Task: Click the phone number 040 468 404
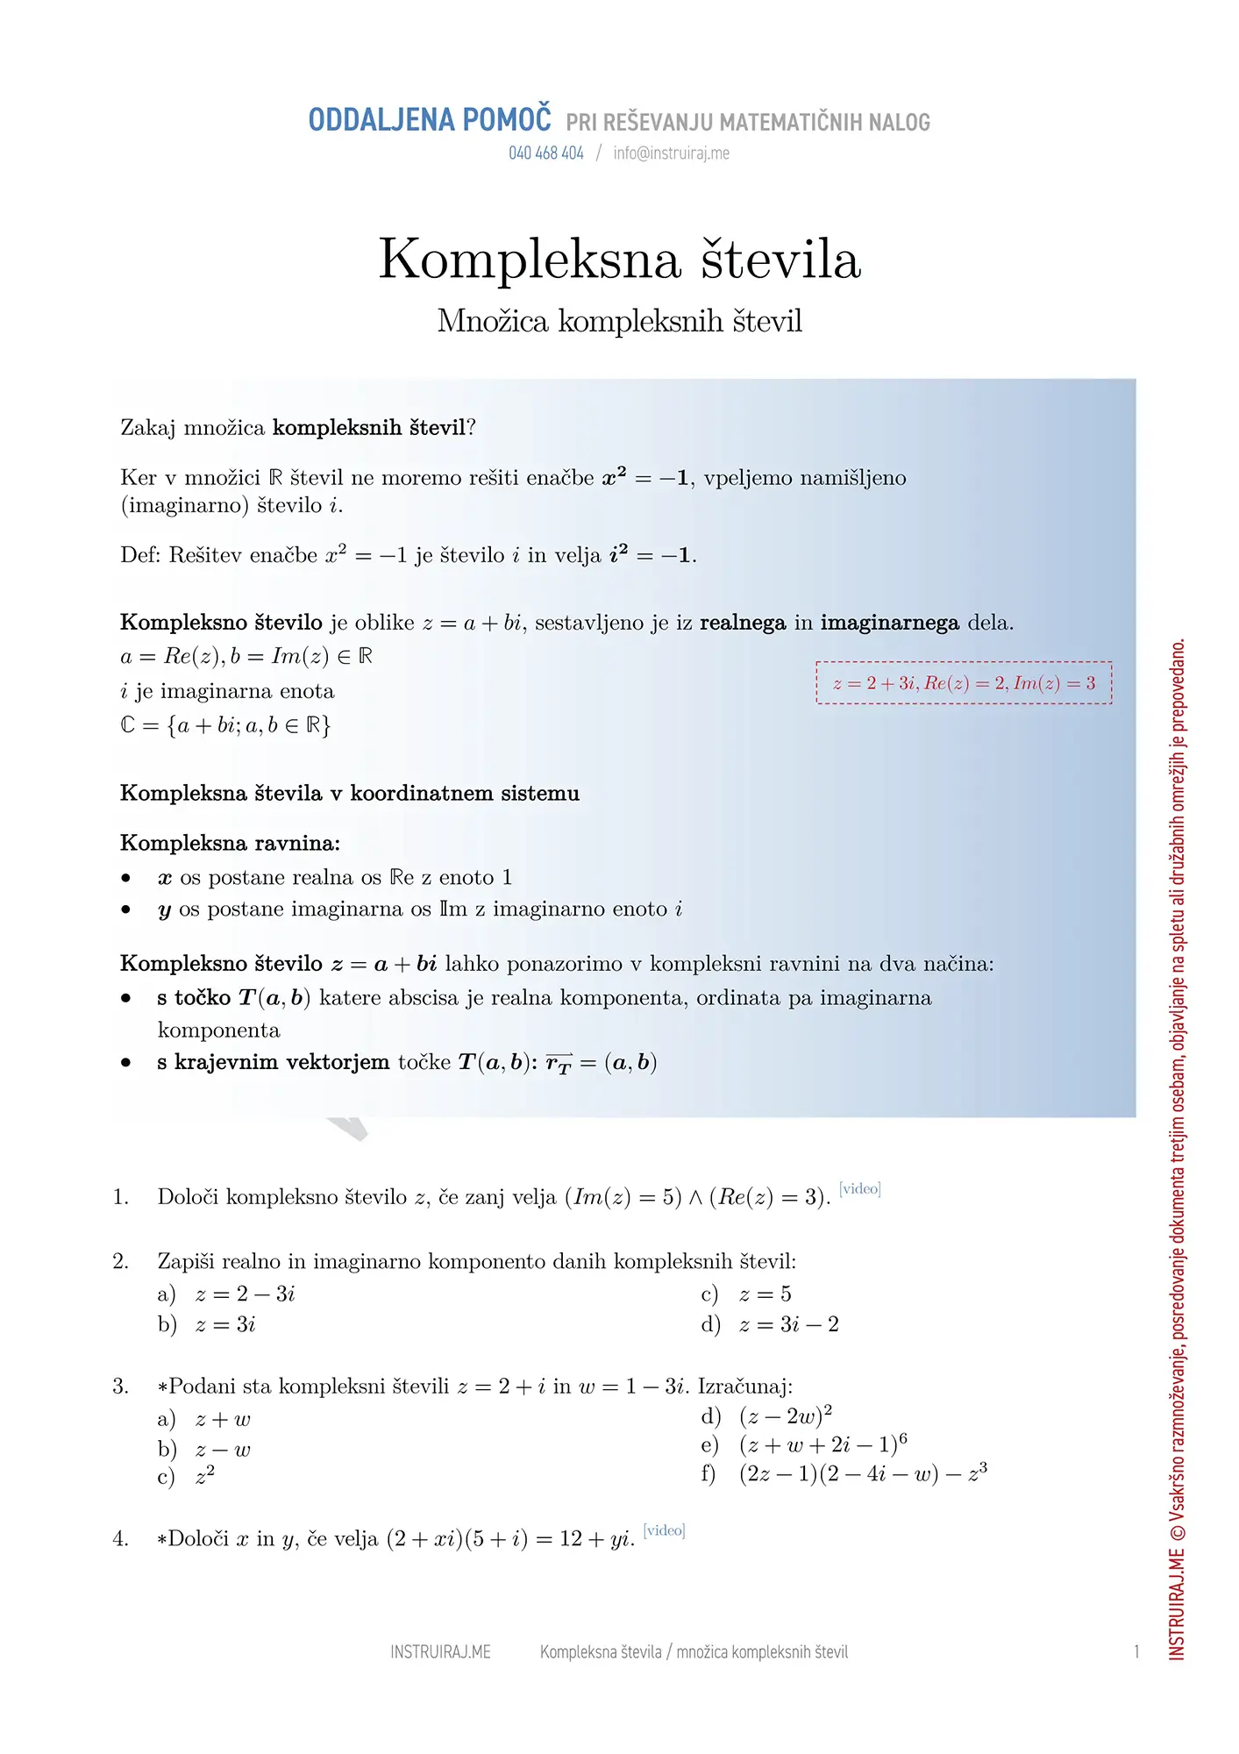coord(545,153)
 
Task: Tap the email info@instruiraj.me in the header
coord(671,153)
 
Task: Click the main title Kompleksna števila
coord(619,260)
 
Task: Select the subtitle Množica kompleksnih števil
coord(619,321)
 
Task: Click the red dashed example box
coord(963,683)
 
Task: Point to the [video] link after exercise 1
coord(859,1189)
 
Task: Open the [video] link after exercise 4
coord(664,1530)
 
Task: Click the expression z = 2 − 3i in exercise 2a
coord(245,1294)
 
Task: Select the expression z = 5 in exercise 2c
coord(765,1294)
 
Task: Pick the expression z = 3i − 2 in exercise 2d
coord(788,1325)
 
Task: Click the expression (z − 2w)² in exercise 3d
coord(785,1416)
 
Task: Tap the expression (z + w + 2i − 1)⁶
coord(822,1445)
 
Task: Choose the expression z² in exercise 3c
coord(205,1477)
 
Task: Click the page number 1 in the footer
coord(1136,1652)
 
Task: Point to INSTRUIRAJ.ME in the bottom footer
coord(440,1652)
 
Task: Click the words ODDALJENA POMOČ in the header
coord(430,120)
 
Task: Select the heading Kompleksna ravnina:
coord(230,844)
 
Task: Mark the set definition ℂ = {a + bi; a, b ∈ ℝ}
coord(225,726)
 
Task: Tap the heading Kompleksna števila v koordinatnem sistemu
coord(350,794)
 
